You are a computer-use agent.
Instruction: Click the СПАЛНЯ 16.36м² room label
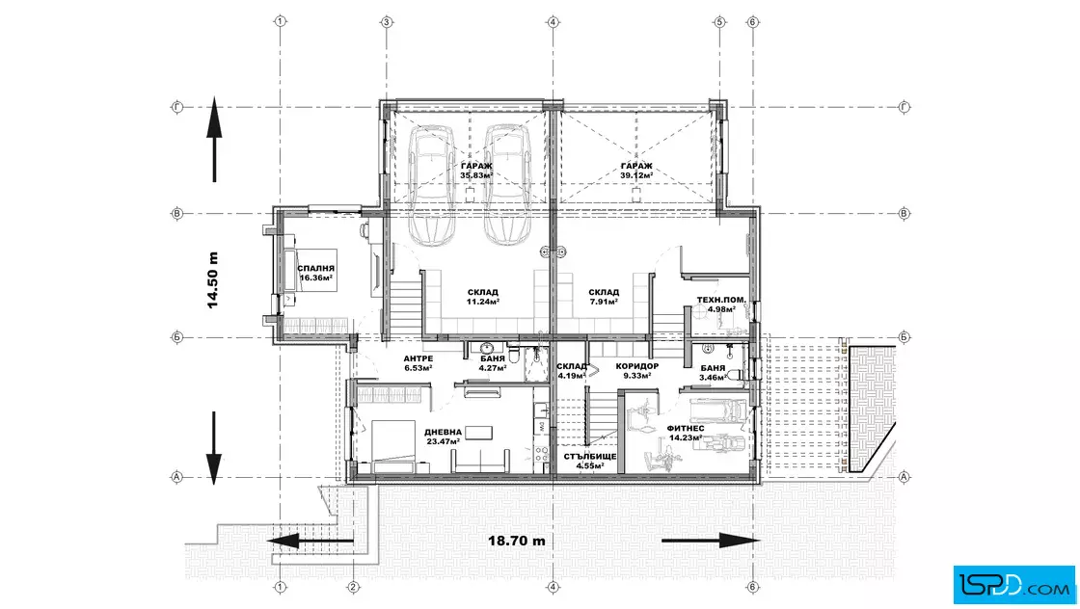(316, 274)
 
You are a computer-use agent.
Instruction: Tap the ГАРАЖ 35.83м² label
(476, 171)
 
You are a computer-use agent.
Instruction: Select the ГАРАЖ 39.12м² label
(636, 171)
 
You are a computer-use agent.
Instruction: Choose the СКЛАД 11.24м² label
(483, 297)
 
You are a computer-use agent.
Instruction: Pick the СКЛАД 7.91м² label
(604, 297)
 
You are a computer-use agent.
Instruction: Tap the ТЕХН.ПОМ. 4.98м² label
(721, 304)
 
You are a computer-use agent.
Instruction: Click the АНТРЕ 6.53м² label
(418, 362)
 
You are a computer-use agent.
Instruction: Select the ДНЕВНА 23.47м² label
(443, 437)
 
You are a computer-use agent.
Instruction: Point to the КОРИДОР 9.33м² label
(637, 370)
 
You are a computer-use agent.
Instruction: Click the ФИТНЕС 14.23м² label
(686, 432)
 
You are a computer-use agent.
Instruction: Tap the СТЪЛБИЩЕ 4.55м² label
(590, 461)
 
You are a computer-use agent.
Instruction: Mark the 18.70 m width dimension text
(517, 541)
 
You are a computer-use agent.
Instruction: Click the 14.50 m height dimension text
(213, 279)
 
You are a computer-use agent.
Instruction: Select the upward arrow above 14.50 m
(214, 140)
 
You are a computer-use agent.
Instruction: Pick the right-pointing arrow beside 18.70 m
(710, 541)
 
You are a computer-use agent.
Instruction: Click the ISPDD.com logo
(1013, 585)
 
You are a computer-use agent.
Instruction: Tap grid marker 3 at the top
(387, 22)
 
